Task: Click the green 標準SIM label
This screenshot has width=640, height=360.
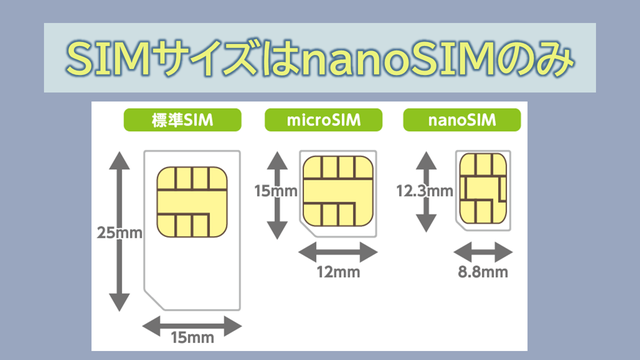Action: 182,120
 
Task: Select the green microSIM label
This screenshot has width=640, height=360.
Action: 323,120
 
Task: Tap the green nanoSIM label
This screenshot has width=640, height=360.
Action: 462,120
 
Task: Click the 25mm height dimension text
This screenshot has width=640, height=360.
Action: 120,233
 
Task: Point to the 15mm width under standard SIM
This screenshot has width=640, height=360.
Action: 192,338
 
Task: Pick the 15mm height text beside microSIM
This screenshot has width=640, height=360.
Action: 276,191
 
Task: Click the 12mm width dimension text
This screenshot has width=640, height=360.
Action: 338,272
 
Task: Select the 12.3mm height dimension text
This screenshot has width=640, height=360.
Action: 424,191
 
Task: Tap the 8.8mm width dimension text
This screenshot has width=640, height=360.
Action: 483,272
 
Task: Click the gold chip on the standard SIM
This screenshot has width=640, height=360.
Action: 192,202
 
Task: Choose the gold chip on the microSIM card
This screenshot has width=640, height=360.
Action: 338,191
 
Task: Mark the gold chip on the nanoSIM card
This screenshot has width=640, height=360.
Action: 483,189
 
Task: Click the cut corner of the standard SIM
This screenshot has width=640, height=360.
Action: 154,300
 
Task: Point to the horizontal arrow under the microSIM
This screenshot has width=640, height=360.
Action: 338,252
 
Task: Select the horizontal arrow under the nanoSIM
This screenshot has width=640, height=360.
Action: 483,252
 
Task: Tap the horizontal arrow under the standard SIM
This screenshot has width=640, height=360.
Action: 192,326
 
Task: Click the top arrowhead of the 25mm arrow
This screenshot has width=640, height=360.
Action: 119,160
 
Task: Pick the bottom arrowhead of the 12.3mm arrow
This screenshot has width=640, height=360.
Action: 426,223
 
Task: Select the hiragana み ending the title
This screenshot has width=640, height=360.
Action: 555,58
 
